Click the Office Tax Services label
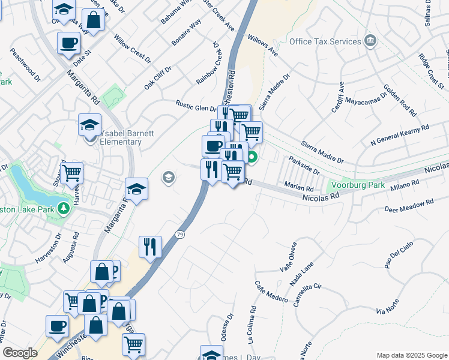tap(325, 41)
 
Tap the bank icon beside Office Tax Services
tap(370, 41)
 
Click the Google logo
tap(20, 353)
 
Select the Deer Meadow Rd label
tap(409, 206)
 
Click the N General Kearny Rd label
tap(400, 135)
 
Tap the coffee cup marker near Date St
tap(68, 43)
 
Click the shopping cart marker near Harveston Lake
tap(72, 173)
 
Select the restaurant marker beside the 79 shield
tap(151, 246)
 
